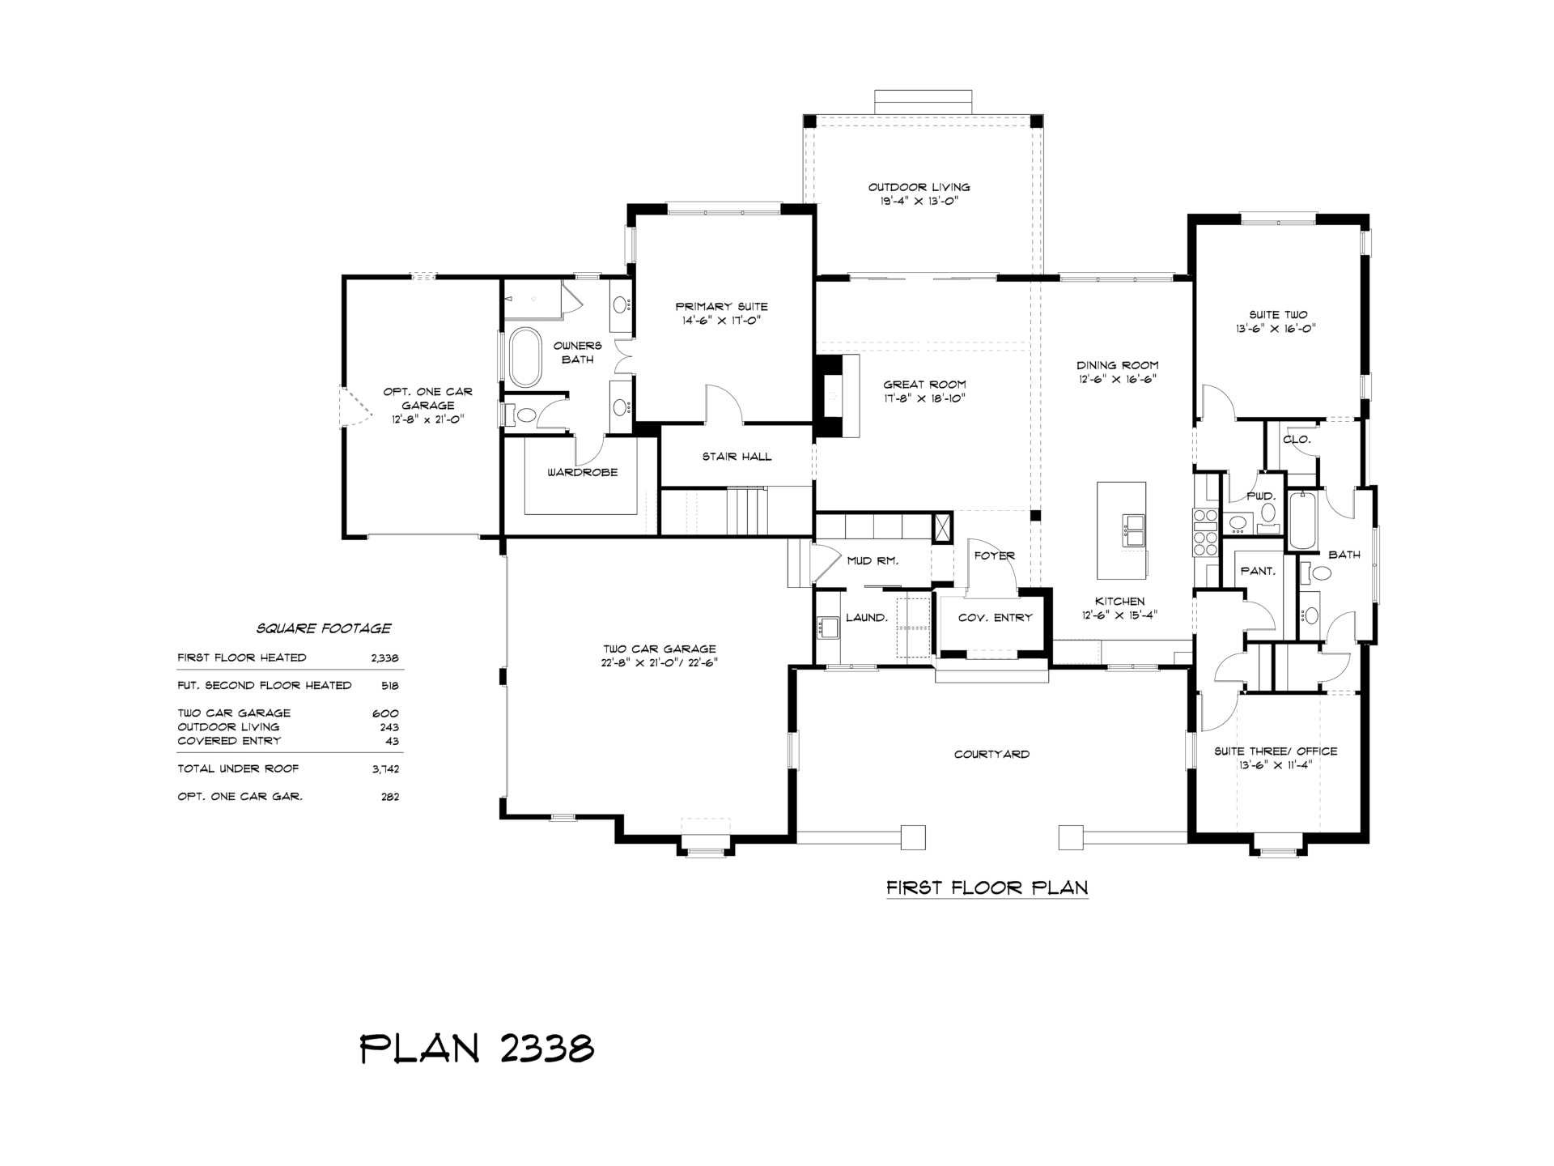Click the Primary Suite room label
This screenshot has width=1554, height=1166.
pyautogui.click(x=721, y=307)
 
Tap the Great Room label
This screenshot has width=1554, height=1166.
pyautogui.click(x=924, y=385)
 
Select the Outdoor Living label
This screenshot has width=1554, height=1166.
pyautogui.click(x=919, y=187)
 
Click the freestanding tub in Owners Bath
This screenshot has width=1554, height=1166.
pyautogui.click(x=525, y=357)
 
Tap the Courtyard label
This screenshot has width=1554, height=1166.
pyautogui.click(x=991, y=755)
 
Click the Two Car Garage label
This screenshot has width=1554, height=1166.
pyautogui.click(x=659, y=649)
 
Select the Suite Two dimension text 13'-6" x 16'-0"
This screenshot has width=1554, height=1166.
pyautogui.click(x=1278, y=329)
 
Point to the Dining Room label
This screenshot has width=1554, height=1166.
pyautogui.click(x=1117, y=365)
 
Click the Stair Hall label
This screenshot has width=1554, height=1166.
pyautogui.click(x=737, y=457)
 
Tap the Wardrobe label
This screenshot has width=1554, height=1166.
pyautogui.click(x=582, y=472)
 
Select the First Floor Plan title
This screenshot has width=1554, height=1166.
pyautogui.click(x=987, y=887)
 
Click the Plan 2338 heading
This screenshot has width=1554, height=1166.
pyautogui.click(x=477, y=1048)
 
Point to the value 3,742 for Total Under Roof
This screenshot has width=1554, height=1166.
pyautogui.click(x=385, y=769)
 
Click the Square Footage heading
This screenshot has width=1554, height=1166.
pyautogui.click(x=324, y=628)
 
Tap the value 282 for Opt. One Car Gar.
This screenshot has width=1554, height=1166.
pyautogui.click(x=390, y=797)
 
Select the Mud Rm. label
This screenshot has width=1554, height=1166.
pyautogui.click(x=873, y=560)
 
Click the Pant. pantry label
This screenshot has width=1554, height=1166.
pyautogui.click(x=1258, y=571)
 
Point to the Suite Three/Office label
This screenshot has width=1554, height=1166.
pyautogui.click(x=1276, y=751)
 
